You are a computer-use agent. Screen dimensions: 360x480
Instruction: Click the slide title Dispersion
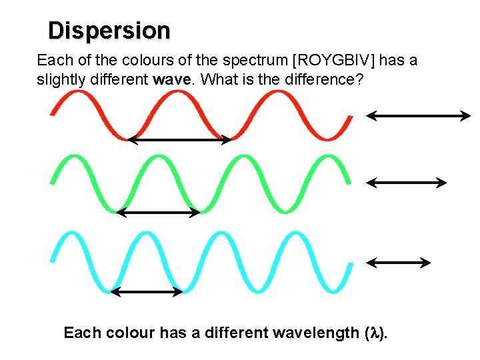pos(109,31)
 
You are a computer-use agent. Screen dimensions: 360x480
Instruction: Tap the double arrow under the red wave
pos(179,140)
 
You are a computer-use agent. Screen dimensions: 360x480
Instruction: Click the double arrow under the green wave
pos(159,213)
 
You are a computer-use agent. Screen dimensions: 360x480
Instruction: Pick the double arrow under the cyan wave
pos(147,291)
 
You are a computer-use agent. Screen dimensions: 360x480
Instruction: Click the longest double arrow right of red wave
pos(419,116)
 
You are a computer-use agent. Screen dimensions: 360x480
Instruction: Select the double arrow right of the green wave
pos(406,181)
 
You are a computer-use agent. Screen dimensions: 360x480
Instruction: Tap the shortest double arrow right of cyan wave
pos(399,263)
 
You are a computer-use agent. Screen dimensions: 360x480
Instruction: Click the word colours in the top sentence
pos(137,61)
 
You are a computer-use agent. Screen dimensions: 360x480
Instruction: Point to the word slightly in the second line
pos(58,80)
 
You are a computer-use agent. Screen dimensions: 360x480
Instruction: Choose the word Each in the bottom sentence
pos(79,333)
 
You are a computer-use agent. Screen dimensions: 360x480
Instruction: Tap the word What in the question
pos(215,80)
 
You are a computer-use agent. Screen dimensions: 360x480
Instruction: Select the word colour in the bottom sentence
pos(127,333)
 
